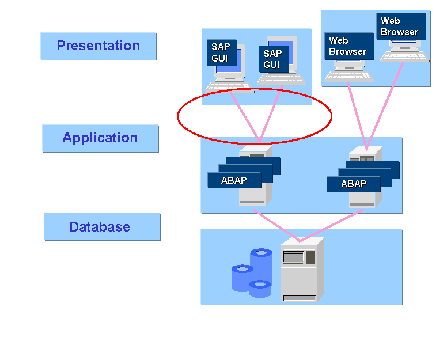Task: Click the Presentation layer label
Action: point(99,46)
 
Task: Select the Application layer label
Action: point(100,138)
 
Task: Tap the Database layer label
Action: point(100,227)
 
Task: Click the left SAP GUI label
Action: point(222,53)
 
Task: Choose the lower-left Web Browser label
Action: point(348,46)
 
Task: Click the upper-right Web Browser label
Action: point(400,26)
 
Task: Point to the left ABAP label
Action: point(234,180)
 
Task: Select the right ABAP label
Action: point(354,184)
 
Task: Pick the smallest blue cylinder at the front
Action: point(260,289)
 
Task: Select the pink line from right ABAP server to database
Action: point(331,225)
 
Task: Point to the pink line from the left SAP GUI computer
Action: point(245,116)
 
